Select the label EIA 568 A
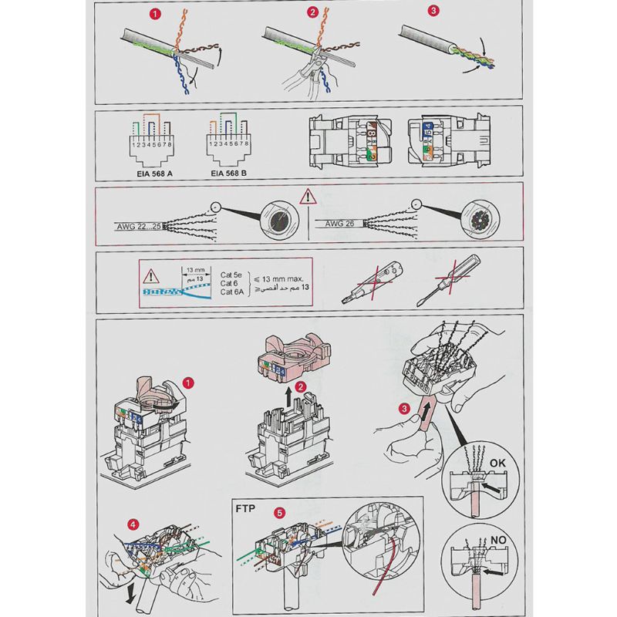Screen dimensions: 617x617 click(149, 174)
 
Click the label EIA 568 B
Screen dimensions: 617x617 click(231, 174)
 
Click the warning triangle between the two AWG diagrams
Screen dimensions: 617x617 click(308, 195)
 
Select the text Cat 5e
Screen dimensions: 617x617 click(232, 274)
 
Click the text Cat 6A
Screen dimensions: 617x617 click(232, 292)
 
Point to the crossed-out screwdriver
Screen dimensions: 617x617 click(440, 282)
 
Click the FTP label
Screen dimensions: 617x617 click(245, 510)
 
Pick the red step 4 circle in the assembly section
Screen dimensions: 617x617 click(135, 525)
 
